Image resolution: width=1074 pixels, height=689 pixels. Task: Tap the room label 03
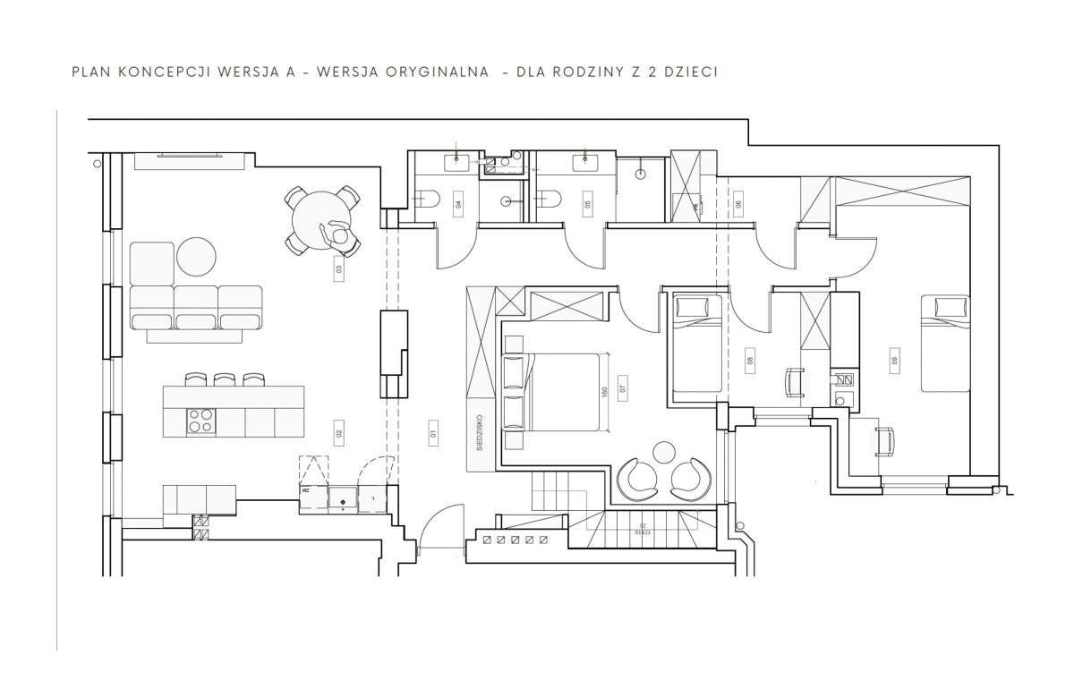339,268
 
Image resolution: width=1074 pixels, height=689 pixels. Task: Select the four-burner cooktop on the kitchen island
200,421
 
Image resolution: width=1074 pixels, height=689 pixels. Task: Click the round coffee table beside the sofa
196,256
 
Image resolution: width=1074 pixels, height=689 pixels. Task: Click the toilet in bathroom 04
426,201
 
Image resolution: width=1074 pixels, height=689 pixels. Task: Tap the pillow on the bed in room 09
946,308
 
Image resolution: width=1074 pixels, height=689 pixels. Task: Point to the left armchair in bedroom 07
639,479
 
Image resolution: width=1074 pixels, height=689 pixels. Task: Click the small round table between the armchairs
665,451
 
